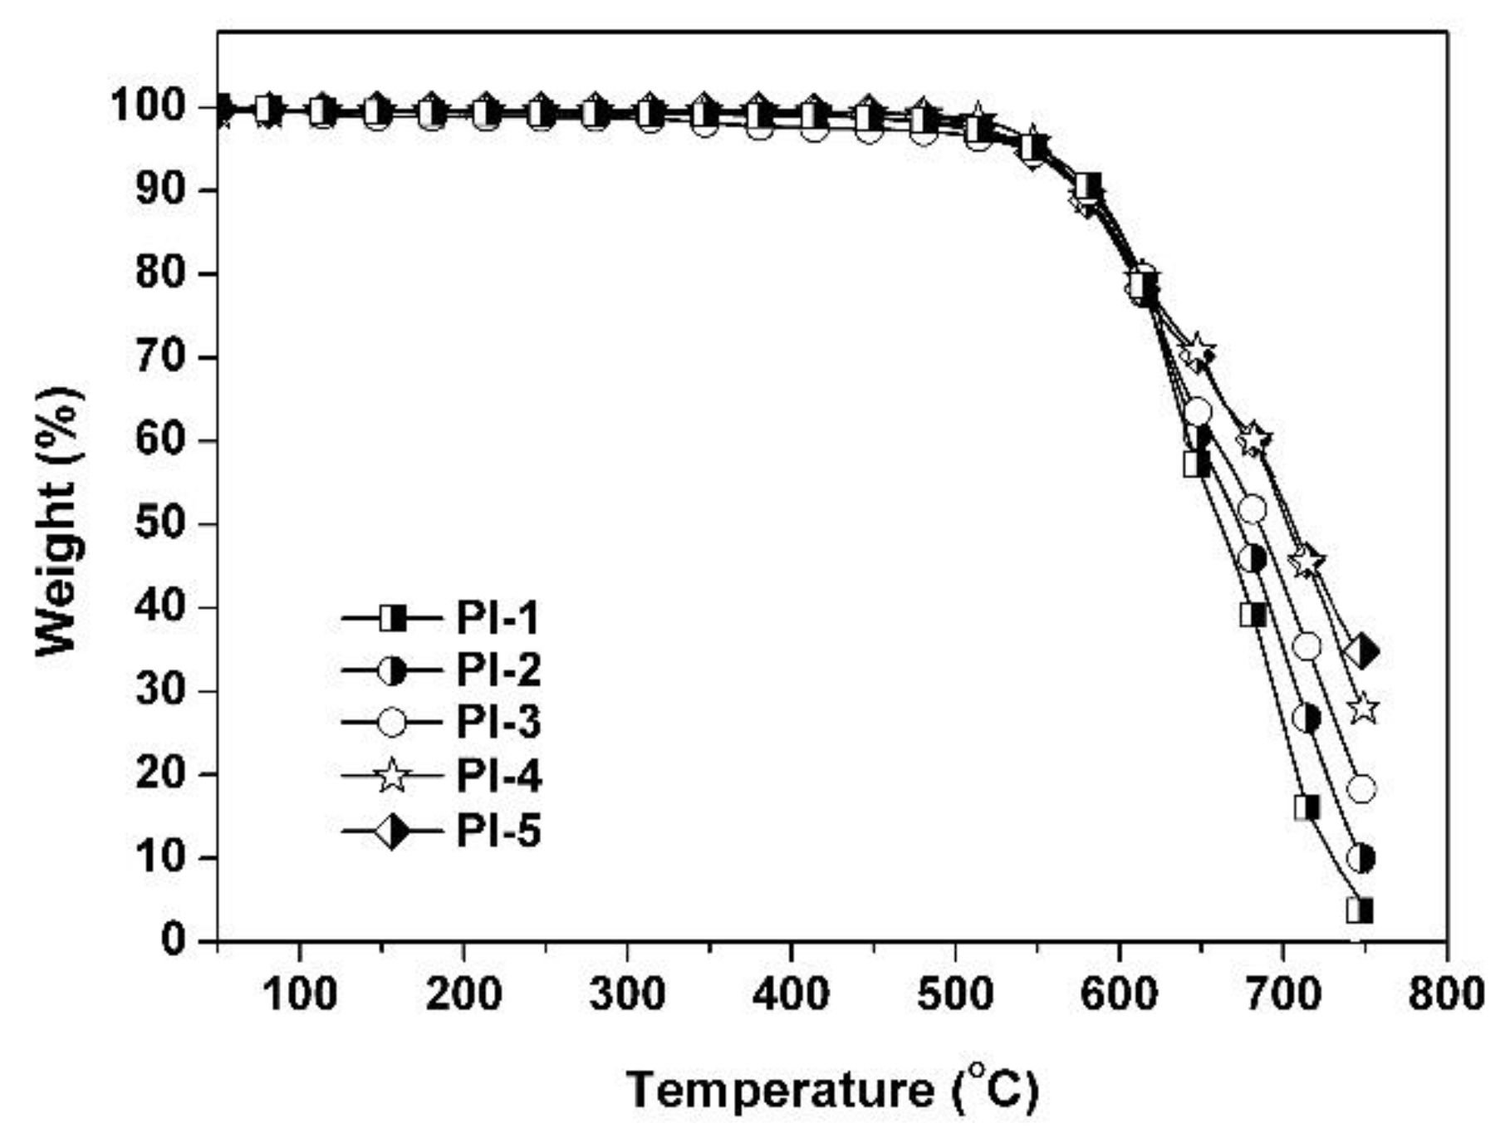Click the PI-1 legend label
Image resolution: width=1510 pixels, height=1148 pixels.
tap(498, 618)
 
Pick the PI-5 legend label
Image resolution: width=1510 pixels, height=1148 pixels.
tap(498, 830)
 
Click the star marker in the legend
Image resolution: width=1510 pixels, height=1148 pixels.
tap(392, 777)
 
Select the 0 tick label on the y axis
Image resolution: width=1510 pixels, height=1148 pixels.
tap(174, 940)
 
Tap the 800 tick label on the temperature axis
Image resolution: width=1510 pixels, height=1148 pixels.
tap(1446, 993)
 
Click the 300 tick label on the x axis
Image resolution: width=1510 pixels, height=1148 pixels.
tap(627, 993)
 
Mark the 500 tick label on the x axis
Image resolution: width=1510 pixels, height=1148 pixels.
tap(955, 993)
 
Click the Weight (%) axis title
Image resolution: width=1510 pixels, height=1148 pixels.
tap(60, 521)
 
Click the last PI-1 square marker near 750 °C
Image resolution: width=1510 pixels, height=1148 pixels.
tap(1360, 910)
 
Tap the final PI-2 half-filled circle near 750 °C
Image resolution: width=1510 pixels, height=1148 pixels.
tap(1361, 858)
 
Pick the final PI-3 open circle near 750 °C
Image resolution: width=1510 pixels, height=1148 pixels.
tap(1362, 788)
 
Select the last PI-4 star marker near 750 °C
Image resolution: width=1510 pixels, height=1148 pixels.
tap(1364, 709)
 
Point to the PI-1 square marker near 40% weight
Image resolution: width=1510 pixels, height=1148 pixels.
tap(1253, 616)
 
